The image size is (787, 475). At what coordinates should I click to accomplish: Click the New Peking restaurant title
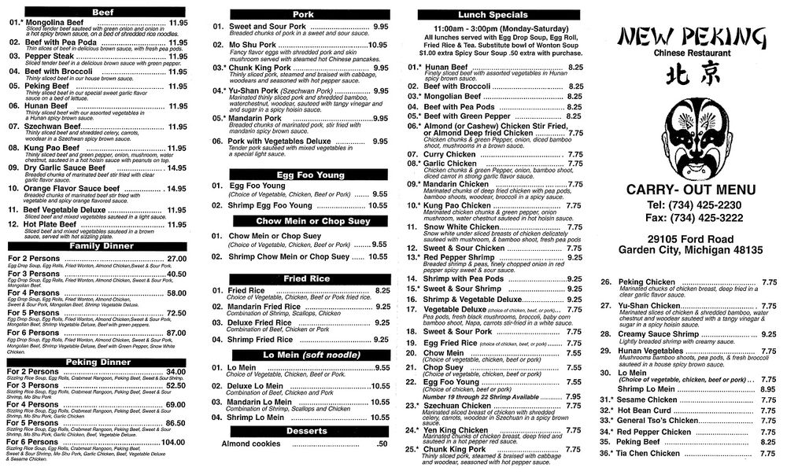click(x=691, y=37)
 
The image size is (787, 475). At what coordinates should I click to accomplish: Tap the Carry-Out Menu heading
click(x=690, y=189)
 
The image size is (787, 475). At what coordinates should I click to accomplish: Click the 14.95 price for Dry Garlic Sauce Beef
click(x=176, y=168)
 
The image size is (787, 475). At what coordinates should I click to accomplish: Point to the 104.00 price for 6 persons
click(x=172, y=442)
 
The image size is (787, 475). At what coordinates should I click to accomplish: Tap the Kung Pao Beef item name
click(x=48, y=148)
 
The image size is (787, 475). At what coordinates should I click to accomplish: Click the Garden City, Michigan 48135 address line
click(x=690, y=249)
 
